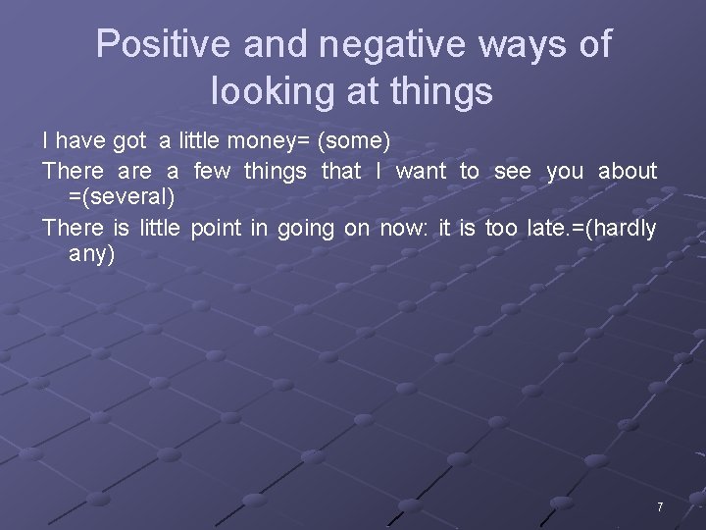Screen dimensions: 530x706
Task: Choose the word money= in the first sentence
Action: click(269, 142)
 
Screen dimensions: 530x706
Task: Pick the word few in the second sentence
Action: click(213, 171)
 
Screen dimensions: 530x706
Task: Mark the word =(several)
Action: click(123, 197)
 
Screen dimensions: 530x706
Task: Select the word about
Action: click(628, 171)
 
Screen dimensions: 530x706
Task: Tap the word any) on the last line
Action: click(92, 255)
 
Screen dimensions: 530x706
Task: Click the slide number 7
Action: click(660, 507)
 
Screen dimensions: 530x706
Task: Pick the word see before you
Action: click(513, 171)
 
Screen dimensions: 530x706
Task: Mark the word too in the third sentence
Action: click(502, 229)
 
